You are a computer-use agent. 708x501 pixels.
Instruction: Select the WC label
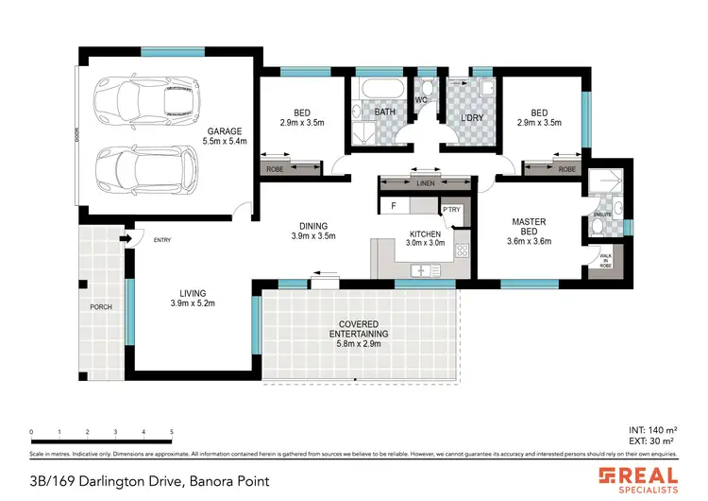[x=424, y=98]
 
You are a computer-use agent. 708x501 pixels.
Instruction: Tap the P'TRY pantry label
[x=450, y=210]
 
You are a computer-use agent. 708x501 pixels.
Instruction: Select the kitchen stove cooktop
[x=463, y=250]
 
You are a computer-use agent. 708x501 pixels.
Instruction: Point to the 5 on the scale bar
[x=172, y=432]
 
